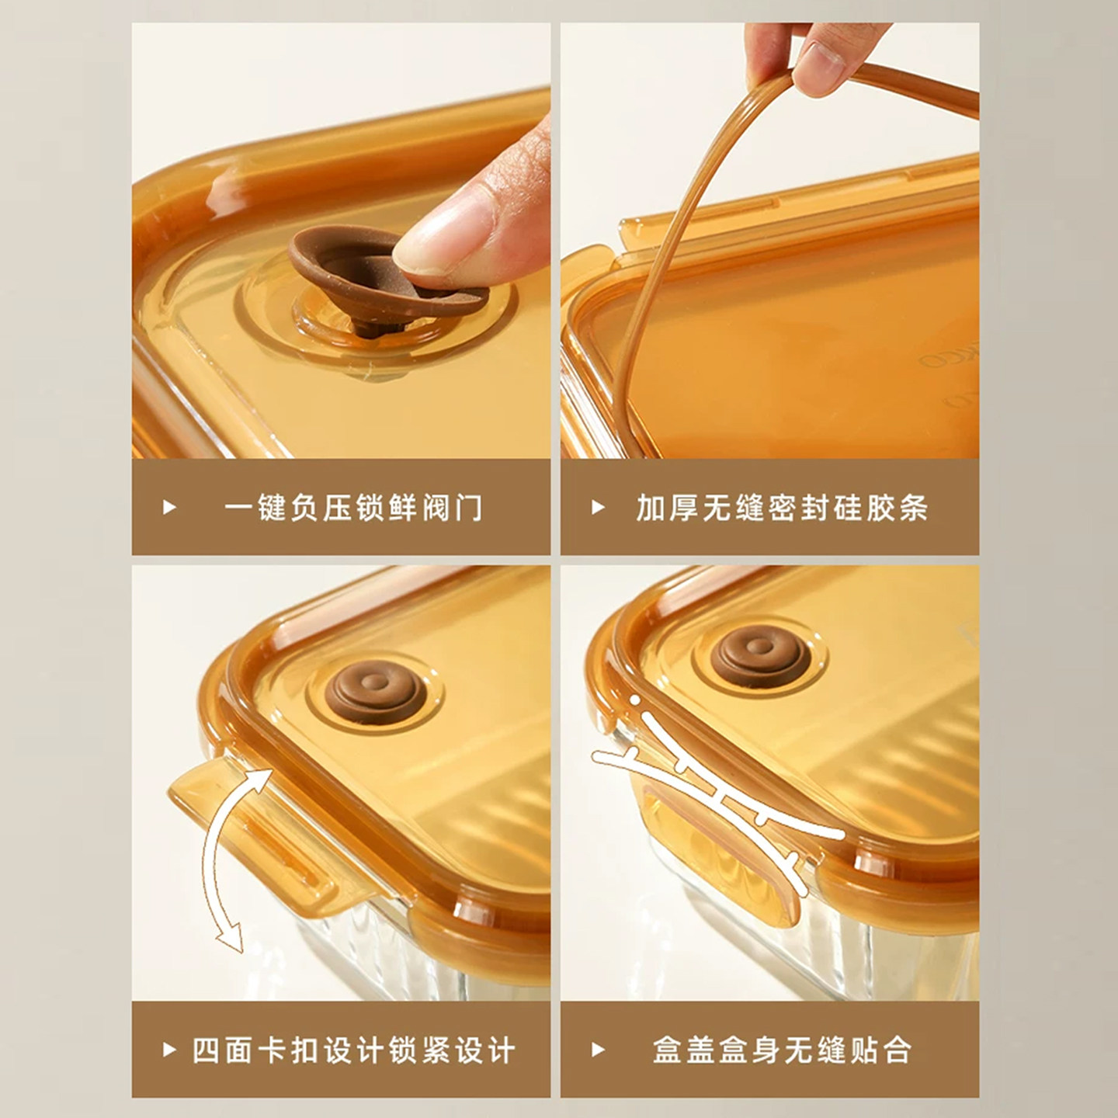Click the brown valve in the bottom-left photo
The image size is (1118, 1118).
376,693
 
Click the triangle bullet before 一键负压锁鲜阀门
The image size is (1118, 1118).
169,507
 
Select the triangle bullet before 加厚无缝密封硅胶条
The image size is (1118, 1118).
598,507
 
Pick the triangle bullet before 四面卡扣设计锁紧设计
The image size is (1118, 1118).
169,1050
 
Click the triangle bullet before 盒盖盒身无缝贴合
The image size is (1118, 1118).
598,1050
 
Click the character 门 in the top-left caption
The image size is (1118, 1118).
470,508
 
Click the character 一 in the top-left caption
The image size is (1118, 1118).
238,508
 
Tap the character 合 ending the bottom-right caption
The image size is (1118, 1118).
898,1050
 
